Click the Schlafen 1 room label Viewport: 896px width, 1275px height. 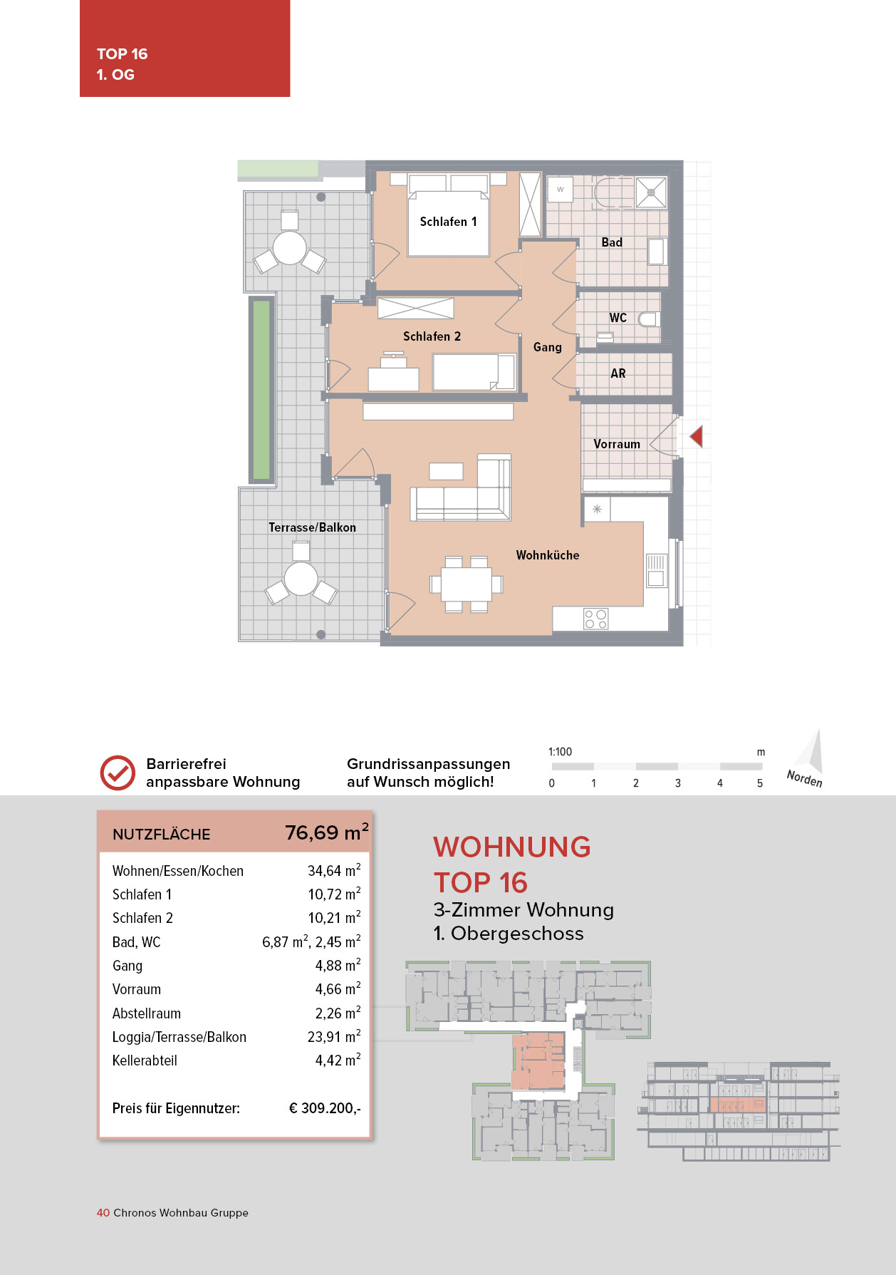448,222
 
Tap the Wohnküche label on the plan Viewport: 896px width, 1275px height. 547,555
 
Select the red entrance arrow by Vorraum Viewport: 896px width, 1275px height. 697,436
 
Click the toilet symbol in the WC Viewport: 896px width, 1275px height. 647,319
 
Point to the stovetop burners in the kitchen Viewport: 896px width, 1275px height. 595,619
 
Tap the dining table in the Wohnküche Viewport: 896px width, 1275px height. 466,584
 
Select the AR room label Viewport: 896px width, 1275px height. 618,373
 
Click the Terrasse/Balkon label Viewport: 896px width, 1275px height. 312,527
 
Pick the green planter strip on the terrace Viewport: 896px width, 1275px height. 261,390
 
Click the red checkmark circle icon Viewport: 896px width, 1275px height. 118,773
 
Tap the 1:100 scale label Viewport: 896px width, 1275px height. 560,752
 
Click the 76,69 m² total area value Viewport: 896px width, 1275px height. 326,832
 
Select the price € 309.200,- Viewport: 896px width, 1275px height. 324,1108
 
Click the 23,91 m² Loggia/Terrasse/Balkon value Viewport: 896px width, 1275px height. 333,1037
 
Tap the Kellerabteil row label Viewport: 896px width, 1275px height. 145,1060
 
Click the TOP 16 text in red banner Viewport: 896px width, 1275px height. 122,54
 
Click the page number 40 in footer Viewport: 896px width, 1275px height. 103,1212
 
